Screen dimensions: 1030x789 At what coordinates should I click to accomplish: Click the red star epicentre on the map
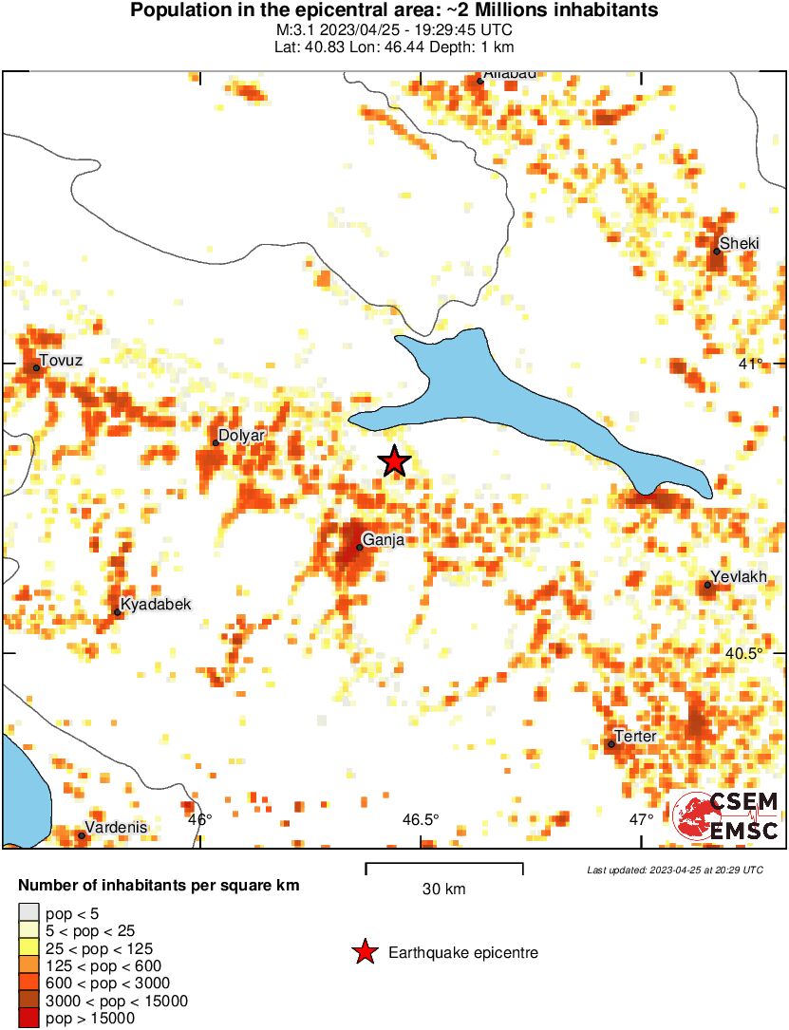point(395,461)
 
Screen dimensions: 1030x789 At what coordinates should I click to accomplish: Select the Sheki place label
point(739,244)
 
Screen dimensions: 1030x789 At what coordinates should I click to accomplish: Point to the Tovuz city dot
point(37,367)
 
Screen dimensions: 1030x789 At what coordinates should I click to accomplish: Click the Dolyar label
point(241,436)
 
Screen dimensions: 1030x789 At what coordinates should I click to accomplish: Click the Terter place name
point(635,736)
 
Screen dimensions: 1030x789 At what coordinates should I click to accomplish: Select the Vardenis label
point(116,827)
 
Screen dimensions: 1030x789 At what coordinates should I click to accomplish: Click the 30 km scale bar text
point(443,890)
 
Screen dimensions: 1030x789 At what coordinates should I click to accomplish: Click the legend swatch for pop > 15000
point(28,1019)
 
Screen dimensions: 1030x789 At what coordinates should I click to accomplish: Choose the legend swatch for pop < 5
point(28,913)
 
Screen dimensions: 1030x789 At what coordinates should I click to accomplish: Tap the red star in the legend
point(364,952)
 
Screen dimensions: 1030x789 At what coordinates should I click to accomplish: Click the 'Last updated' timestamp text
point(674,870)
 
